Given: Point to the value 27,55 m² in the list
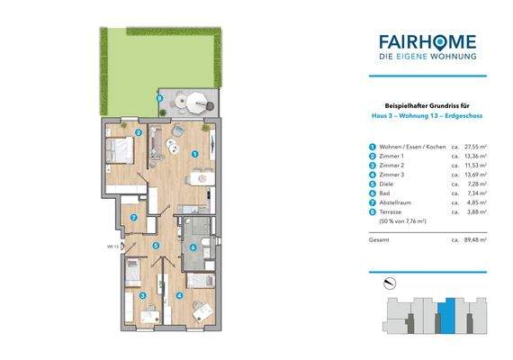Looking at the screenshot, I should (475, 146).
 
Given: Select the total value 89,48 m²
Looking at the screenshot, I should (475, 242).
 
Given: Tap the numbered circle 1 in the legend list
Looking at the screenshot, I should (371, 146).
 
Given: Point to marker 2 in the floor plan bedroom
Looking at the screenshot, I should (139, 132).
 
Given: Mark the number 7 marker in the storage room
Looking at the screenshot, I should (133, 218).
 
